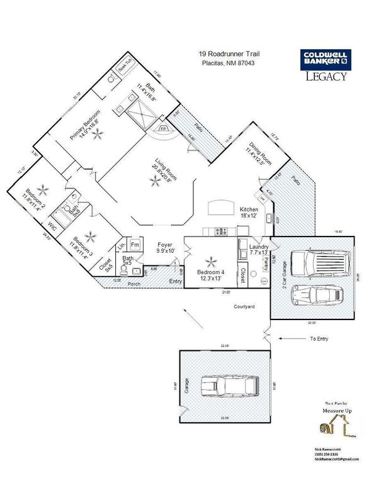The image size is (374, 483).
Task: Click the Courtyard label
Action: [242, 307]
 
